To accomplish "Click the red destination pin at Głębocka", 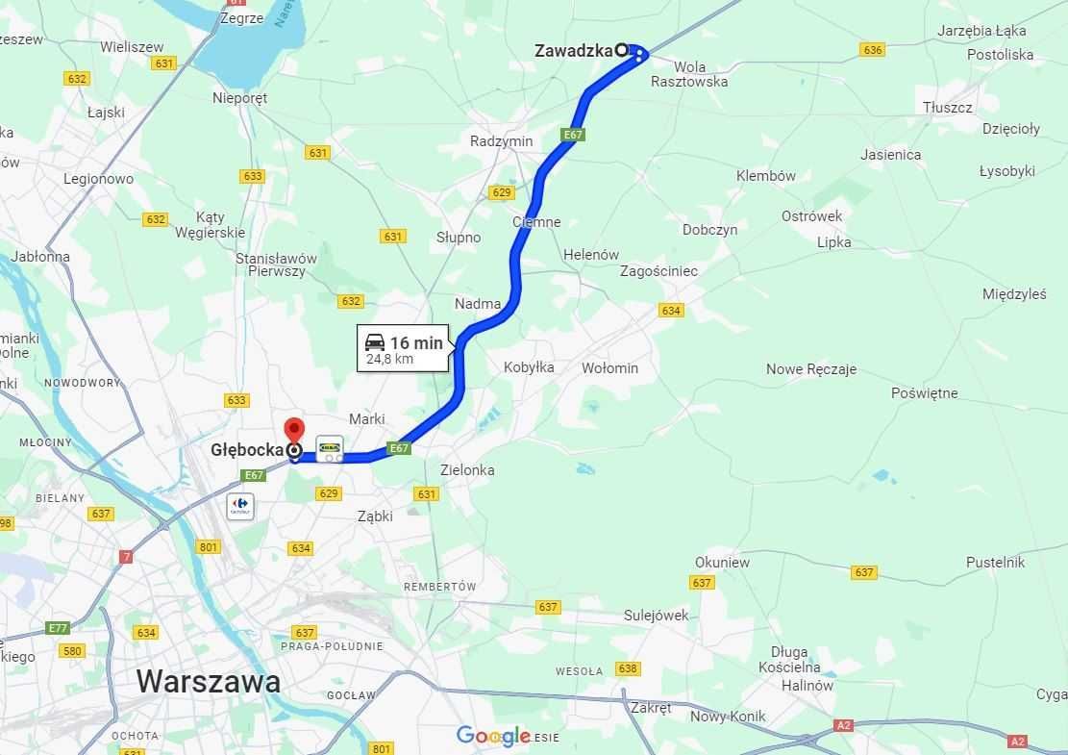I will point(293,430).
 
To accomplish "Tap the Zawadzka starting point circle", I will point(621,49).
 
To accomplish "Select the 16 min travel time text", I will point(416,342).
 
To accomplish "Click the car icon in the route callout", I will point(375,342).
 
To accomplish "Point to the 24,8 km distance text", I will point(389,360).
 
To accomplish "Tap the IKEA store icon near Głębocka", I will point(330,448).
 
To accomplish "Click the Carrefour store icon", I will point(240,506).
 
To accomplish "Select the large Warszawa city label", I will point(209,681).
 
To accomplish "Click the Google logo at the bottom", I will point(493,736).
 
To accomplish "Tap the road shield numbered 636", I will point(872,50).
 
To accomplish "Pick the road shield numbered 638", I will point(628,668).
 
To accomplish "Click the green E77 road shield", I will point(58,628).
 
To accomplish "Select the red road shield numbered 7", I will point(126,557).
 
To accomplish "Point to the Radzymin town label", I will point(501,140).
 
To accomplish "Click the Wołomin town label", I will point(609,367).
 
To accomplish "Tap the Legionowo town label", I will point(98,179).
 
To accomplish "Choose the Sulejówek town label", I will point(656,616).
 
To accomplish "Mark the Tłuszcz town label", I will point(947,108).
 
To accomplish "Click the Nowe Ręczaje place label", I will point(810,369).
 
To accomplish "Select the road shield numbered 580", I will point(71,650).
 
